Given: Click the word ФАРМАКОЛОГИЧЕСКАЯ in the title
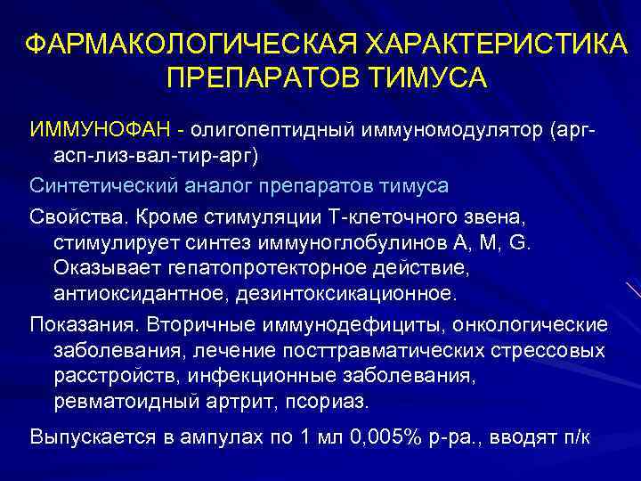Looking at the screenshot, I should (184, 44).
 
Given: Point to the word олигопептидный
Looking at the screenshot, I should (272, 131).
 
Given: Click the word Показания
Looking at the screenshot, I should (85, 322).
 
